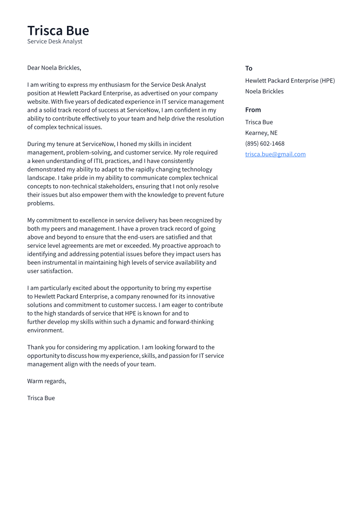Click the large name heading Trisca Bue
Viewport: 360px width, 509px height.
[58, 31]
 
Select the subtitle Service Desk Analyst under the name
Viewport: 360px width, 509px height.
[54, 41]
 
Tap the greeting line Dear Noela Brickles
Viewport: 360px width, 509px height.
[54, 68]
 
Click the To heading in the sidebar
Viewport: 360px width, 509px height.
[248, 68]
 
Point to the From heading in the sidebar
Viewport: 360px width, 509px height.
[253, 110]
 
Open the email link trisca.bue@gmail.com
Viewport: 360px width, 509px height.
[275, 154]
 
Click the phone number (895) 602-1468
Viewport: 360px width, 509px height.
[264, 143]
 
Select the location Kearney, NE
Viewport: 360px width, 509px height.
[261, 133]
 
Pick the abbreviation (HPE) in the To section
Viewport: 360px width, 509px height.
[327, 80]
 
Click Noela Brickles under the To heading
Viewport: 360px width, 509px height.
[264, 91]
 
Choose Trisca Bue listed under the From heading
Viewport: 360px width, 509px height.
[259, 122]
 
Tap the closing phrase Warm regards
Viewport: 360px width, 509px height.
[46, 381]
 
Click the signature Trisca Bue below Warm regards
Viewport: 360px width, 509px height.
[41, 398]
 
